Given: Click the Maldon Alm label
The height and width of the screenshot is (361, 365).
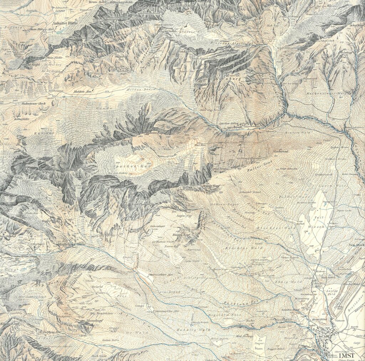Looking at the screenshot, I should click(x=83, y=92).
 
